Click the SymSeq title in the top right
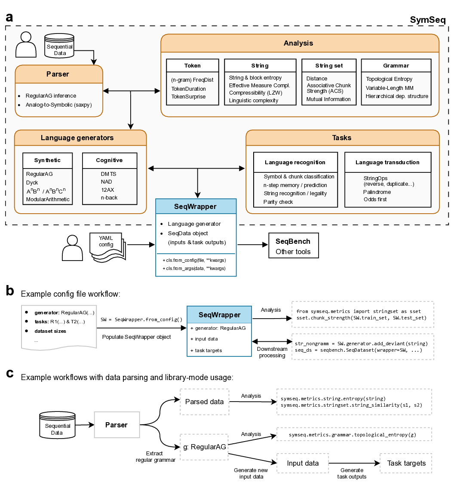[x=427, y=20]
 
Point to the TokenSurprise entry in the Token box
[x=188, y=97]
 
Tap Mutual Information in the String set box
[x=328, y=99]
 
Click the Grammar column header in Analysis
[x=396, y=66]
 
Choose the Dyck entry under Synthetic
[x=33, y=183]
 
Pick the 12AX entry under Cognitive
[x=107, y=190]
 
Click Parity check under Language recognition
[x=278, y=202]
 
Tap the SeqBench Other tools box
[x=293, y=246]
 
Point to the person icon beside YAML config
[x=72, y=246]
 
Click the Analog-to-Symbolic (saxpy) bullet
[x=58, y=104]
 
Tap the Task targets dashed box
[x=406, y=463]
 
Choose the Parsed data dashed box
[x=204, y=402]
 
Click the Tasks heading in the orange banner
[x=342, y=138]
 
